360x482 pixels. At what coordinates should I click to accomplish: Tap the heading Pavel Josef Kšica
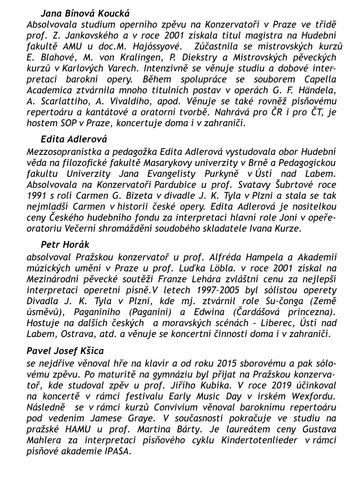pyautogui.click(x=65, y=351)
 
